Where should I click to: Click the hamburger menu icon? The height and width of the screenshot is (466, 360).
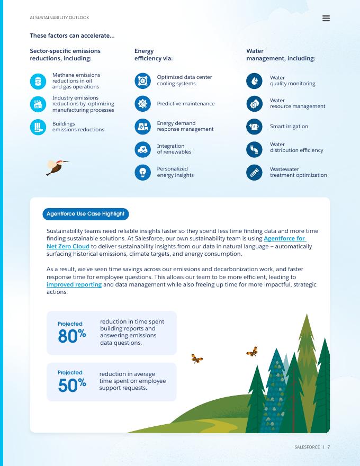(x=326, y=18)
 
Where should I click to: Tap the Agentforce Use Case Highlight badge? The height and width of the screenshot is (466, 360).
(x=85, y=214)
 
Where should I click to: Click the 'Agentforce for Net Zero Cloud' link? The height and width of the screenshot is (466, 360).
(x=285, y=239)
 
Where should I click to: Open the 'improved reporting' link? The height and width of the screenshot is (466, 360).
(x=74, y=285)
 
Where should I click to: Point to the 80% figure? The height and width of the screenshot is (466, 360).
(x=71, y=336)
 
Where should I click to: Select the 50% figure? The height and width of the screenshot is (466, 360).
(x=71, y=385)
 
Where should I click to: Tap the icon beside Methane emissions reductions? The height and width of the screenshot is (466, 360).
(x=38, y=81)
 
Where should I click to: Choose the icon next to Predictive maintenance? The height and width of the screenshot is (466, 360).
(x=142, y=104)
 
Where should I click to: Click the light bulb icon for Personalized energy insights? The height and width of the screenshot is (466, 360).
(x=142, y=172)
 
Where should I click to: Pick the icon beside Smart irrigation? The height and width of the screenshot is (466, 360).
(x=254, y=127)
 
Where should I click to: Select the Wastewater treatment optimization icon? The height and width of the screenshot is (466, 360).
(x=254, y=172)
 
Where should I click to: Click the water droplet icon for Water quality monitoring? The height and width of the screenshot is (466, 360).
(x=254, y=80)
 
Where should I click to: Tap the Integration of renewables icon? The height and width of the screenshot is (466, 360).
(x=142, y=149)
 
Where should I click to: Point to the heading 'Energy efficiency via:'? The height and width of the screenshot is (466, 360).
(x=153, y=55)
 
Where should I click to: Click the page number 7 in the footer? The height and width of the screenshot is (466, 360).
(x=329, y=447)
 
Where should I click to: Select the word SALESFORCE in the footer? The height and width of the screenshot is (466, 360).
(x=307, y=447)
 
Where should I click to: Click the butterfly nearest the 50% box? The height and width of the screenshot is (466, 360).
(x=197, y=359)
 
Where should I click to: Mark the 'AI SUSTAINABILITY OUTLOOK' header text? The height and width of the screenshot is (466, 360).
(x=59, y=18)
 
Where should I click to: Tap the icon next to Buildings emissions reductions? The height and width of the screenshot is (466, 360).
(x=38, y=127)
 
